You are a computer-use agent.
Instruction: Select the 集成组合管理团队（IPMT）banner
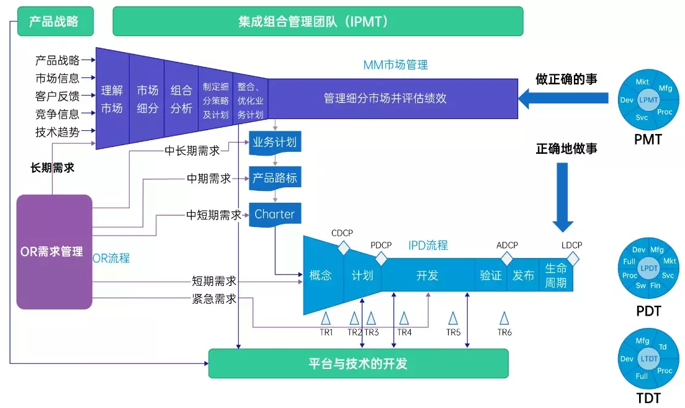318,21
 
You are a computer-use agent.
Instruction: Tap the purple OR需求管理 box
54,252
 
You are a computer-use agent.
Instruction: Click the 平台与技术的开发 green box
358,363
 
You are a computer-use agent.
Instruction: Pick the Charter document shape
275,215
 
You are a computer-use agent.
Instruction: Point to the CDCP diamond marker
344,248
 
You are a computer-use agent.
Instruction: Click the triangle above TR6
504,318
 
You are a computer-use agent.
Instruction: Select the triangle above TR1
326,318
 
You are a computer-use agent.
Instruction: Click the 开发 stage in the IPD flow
428,275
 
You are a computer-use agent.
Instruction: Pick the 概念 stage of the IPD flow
321,275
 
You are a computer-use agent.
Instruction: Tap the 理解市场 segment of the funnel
112,99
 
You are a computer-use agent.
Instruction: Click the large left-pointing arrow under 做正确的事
563,97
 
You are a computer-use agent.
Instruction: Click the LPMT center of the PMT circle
648,99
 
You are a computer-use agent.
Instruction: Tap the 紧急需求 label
213,299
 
